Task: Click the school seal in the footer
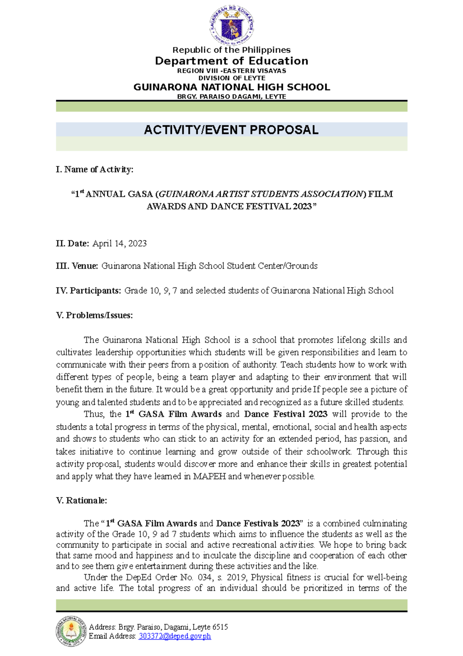point(71,631)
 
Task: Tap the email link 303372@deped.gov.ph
point(175,636)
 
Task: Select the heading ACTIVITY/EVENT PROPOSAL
point(231,130)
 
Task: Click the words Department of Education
point(231,61)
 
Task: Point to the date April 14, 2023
point(120,243)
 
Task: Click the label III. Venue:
point(77,266)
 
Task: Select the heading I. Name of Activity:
point(95,169)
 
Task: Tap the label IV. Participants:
point(88,291)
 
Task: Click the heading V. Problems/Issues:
point(95,315)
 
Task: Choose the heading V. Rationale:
point(81,500)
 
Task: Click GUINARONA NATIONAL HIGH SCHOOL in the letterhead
point(231,87)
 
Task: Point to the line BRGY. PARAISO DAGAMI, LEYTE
point(231,97)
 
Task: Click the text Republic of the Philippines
point(231,50)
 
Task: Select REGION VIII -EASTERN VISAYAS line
point(231,71)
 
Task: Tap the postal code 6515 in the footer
point(220,627)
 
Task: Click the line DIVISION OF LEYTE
point(231,78)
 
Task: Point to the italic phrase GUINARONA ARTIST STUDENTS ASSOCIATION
point(261,194)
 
